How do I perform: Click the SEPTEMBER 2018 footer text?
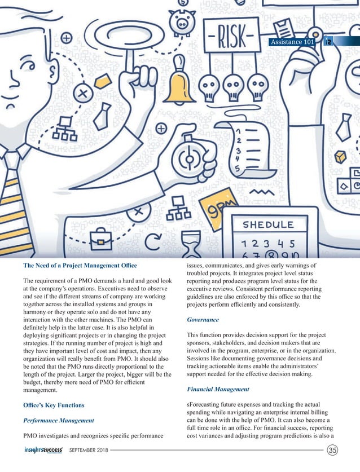[x=88, y=451]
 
